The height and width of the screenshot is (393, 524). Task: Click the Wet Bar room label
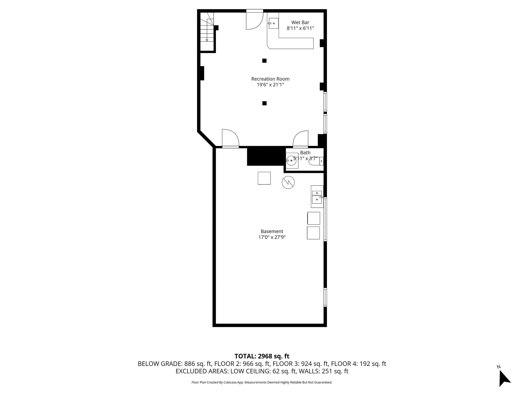tap(300, 23)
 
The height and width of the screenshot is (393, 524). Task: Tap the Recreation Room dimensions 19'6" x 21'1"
tap(270, 85)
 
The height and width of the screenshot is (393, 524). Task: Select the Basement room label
tap(272, 231)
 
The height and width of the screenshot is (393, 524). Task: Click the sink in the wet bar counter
tap(273, 23)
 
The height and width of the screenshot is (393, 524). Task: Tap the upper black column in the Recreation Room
tap(264, 61)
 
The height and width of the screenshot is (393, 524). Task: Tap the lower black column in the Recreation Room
tap(264, 103)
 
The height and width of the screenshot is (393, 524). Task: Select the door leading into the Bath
tap(301, 140)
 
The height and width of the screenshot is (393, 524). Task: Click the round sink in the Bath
tap(291, 161)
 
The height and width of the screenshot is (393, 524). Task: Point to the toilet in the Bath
tap(316, 161)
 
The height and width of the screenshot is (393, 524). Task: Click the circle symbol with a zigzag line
tap(288, 183)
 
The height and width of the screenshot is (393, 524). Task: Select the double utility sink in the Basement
tap(317, 196)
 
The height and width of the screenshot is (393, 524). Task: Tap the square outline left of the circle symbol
tap(264, 178)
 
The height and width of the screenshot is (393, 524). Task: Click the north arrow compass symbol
tap(504, 378)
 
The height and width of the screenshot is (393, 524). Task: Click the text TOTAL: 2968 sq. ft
tap(262, 356)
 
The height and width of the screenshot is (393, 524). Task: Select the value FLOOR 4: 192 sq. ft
tap(358, 364)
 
